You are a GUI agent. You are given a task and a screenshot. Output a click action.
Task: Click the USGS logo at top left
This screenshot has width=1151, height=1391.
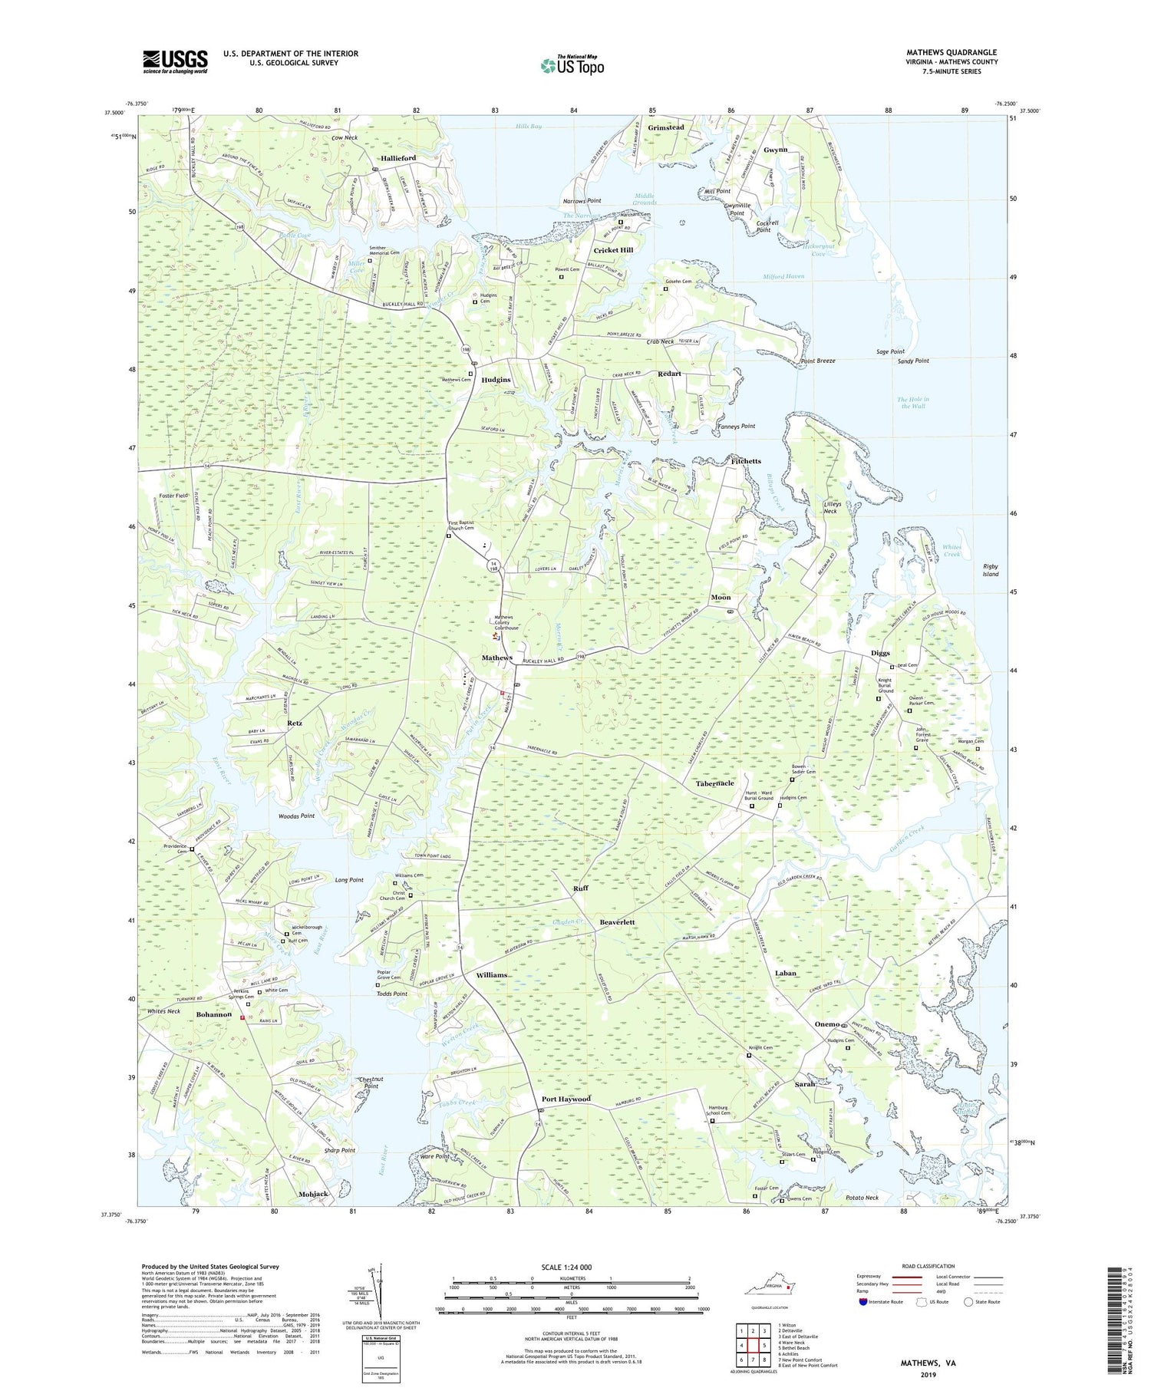click(175, 61)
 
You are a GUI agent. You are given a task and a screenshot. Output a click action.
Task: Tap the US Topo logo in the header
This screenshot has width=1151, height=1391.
click(572, 65)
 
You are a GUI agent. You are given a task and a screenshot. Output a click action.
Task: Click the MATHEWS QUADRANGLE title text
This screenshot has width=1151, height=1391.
click(951, 53)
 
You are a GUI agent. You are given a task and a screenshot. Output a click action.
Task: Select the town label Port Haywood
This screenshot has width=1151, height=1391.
click(566, 1099)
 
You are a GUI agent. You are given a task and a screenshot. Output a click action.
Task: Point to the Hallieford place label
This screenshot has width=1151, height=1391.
click(398, 158)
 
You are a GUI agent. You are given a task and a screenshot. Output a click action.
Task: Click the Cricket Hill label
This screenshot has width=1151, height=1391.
click(613, 250)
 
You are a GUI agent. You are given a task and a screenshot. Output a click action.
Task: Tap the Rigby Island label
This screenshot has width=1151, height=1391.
click(991, 570)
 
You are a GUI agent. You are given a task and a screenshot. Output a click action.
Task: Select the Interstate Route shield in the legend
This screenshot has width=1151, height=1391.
click(862, 1302)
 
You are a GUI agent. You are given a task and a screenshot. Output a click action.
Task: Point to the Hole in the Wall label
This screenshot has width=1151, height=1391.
click(913, 402)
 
